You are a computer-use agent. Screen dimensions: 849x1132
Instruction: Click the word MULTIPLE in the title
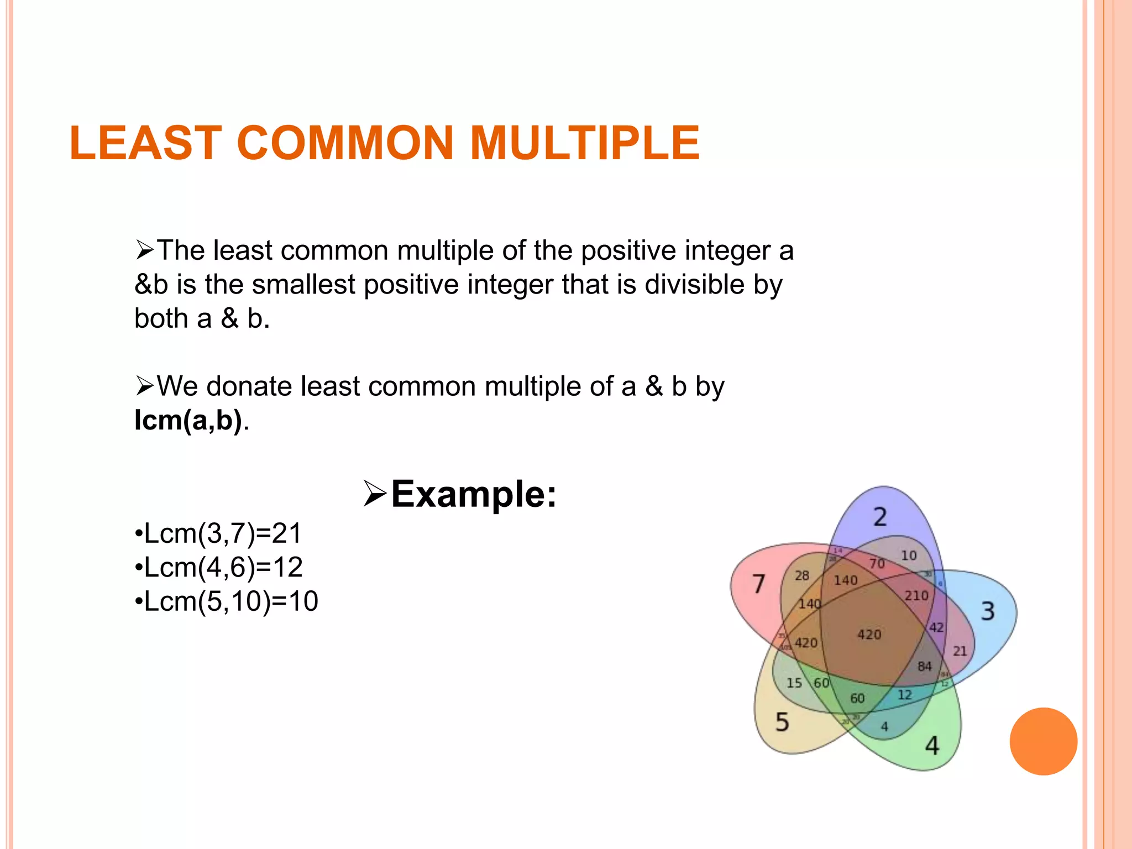pyautogui.click(x=585, y=143)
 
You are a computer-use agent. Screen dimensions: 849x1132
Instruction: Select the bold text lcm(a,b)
pyautogui.click(x=188, y=421)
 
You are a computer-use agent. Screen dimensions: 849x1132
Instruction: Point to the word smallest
pyautogui.click(x=303, y=285)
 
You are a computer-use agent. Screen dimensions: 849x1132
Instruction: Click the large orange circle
pyautogui.click(x=1043, y=741)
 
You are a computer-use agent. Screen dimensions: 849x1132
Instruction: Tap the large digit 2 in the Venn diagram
pyautogui.click(x=880, y=517)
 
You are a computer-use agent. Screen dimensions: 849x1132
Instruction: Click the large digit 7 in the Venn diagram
pyautogui.click(x=759, y=584)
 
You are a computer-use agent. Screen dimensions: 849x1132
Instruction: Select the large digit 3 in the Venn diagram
pyautogui.click(x=988, y=611)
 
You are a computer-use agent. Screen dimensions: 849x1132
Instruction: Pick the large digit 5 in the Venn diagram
pyautogui.click(x=782, y=722)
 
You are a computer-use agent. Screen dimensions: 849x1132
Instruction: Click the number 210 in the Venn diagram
pyautogui.click(x=916, y=596)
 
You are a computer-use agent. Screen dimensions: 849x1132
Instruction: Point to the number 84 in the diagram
pyautogui.click(x=924, y=667)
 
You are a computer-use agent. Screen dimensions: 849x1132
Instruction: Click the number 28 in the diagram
pyautogui.click(x=801, y=576)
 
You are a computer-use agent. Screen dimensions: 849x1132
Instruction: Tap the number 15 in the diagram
pyautogui.click(x=794, y=683)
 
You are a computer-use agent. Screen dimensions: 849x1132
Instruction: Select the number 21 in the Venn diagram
pyautogui.click(x=960, y=651)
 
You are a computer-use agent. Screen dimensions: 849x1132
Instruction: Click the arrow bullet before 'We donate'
pyautogui.click(x=145, y=386)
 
